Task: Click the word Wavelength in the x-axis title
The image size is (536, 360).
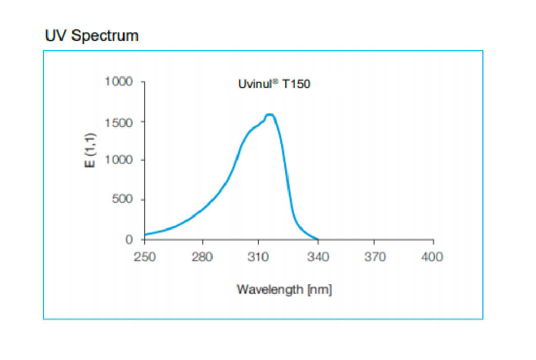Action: pyautogui.click(x=270, y=290)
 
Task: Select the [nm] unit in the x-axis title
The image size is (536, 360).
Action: pyautogui.click(x=319, y=290)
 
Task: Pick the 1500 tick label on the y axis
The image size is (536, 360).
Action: pyautogui.click(x=118, y=122)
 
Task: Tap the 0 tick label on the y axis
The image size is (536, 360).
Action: pyautogui.click(x=129, y=239)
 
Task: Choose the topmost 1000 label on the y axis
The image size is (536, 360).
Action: pyautogui.click(x=118, y=81)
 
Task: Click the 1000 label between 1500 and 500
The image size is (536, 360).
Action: pyautogui.click(x=118, y=160)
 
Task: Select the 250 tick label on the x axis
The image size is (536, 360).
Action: pyautogui.click(x=145, y=257)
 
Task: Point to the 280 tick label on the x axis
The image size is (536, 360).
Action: pyautogui.click(x=202, y=257)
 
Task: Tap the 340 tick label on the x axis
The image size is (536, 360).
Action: pyautogui.click(x=318, y=257)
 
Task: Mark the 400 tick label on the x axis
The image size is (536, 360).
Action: pyautogui.click(x=432, y=257)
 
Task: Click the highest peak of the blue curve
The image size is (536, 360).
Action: pyautogui.click(x=270, y=115)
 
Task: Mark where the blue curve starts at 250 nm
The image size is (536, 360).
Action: pyautogui.click(x=145, y=235)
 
